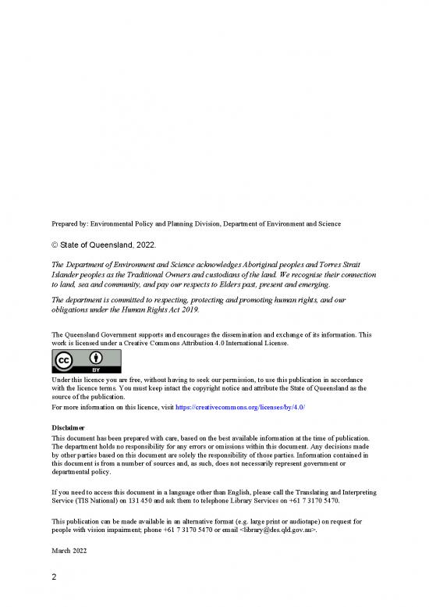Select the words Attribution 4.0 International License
(226, 343)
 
